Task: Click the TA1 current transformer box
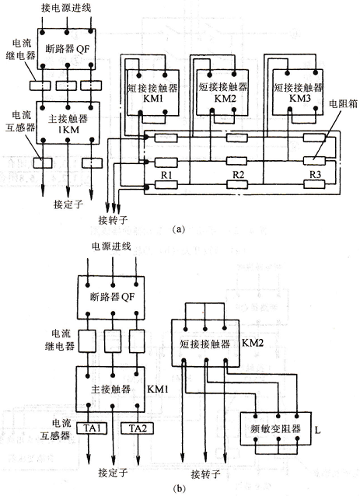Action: point(92,428)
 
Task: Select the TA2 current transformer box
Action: point(138,428)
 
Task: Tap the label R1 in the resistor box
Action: point(166,175)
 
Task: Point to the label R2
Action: point(238,175)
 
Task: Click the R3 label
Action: point(315,175)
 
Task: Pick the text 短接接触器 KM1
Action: point(153,93)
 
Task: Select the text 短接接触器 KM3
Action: point(299,93)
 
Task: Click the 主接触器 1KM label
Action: point(68,124)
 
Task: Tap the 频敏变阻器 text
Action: point(275,429)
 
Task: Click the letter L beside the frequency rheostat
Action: point(317,431)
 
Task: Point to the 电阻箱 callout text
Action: point(343,103)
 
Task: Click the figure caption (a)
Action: point(178,229)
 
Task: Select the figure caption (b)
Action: point(180,488)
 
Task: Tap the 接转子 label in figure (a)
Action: point(113,220)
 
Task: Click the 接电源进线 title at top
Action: point(66,8)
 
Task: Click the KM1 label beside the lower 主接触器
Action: point(158,389)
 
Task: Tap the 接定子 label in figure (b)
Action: point(113,473)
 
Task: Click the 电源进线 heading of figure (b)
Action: point(111,246)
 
